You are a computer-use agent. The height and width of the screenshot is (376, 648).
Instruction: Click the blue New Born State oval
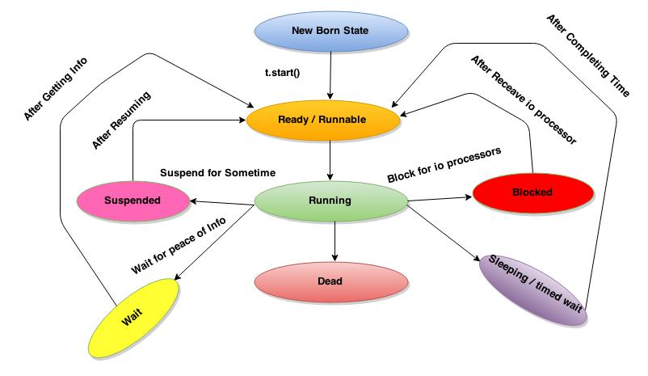[x=329, y=32]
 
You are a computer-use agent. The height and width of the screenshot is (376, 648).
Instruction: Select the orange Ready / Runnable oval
[x=322, y=120]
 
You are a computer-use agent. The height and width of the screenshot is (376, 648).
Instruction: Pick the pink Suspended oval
[x=132, y=198]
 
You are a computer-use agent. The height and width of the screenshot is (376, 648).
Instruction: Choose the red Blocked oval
[x=532, y=192]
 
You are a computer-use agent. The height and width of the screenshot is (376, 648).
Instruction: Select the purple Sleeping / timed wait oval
[x=532, y=289]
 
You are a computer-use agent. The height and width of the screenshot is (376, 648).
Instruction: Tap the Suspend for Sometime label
[x=218, y=172]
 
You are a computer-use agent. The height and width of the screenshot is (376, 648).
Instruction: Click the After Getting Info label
[x=56, y=89]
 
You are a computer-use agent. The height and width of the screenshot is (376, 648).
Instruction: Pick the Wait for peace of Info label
[x=180, y=246]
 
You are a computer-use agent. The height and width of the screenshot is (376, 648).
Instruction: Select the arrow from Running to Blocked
[x=440, y=196]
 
